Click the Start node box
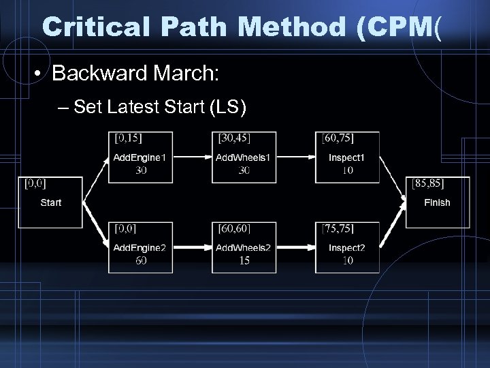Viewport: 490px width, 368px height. [50, 202]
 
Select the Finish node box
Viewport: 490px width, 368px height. [437, 202]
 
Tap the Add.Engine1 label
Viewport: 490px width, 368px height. [140, 157]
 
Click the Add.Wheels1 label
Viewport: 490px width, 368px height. [243, 157]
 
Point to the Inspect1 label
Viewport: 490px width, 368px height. [347, 157]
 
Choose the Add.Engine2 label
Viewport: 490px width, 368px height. [140, 247]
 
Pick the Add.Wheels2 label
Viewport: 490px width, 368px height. [243, 247]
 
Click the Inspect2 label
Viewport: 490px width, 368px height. [347, 247]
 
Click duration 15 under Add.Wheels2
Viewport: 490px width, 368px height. [244, 260]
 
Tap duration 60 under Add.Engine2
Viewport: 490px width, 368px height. [140, 260]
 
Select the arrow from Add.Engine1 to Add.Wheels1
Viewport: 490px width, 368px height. [192, 157]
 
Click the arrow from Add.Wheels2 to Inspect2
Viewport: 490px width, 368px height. [295, 247]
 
